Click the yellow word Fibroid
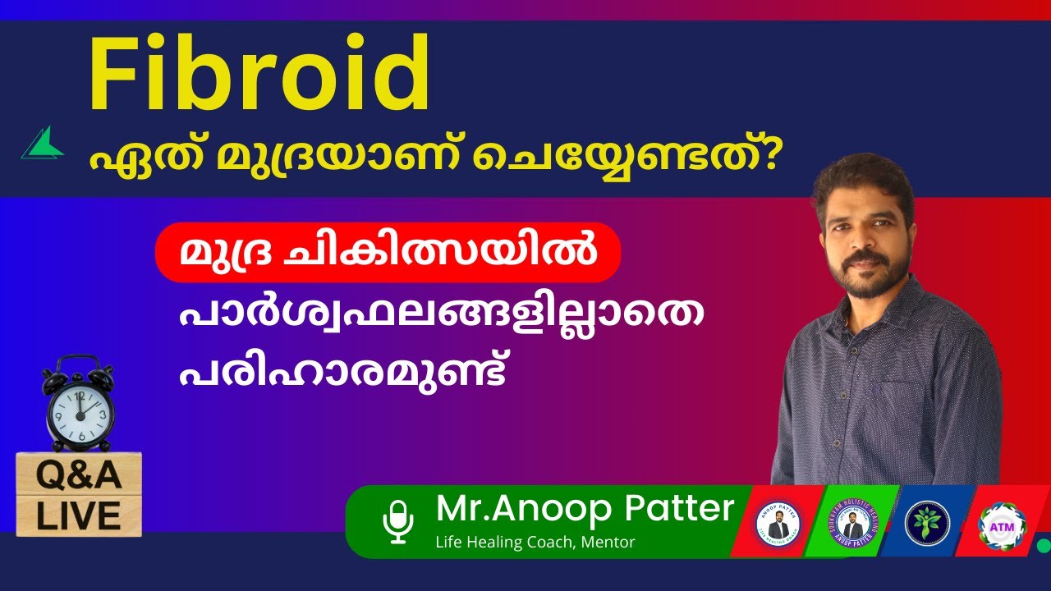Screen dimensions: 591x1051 (x=259, y=76)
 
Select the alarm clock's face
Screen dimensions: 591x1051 (x=79, y=410)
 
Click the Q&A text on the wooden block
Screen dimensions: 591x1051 (x=79, y=475)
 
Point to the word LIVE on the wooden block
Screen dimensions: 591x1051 (x=79, y=515)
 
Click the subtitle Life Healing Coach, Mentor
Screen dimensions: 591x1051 (x=535, y=542)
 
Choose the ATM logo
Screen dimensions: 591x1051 (x=1002, y=522)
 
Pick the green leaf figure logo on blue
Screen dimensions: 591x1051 (x=927, y=521)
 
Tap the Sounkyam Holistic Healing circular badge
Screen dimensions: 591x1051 (x=852, y=522)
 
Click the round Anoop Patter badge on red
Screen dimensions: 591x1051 (x=778, y=522)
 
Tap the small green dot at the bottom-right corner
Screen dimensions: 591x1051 (x=1044, y=544)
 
